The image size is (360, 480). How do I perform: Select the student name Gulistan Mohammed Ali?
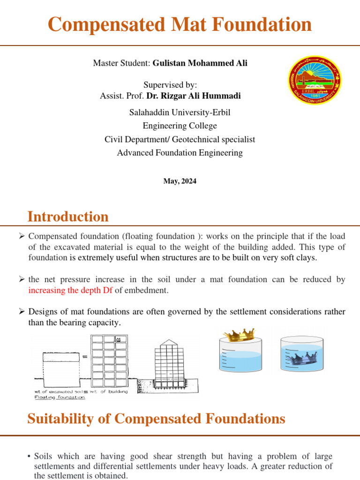(x=200, y=63)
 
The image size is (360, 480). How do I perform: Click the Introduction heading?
(x=68, y=217)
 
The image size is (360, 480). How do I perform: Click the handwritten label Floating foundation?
(x=60, y=397)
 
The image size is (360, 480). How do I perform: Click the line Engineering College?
(x=180, y=126)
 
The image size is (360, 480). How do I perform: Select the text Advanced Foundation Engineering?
(x=180, y=153)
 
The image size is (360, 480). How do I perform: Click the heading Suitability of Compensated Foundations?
(x=156, y=418)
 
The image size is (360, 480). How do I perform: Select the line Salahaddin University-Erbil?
(x=180, y=112)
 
